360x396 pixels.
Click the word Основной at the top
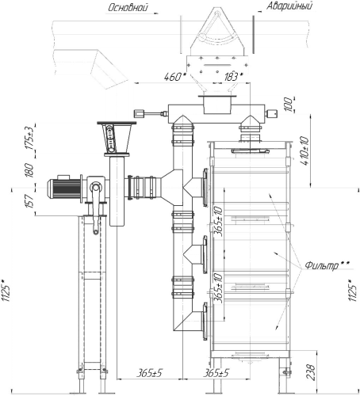[x=128, y=7]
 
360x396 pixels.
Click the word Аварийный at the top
[x=289, y=6]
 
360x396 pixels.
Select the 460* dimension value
[x=174, y=77]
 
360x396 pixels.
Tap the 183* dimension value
[x=234, y=77]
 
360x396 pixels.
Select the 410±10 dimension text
[x=304, y=150]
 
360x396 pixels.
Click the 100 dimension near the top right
[x=289, y=105]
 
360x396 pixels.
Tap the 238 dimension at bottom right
[x=312, y=372]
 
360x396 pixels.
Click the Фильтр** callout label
[x=327, y=265]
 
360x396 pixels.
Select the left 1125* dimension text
[x=6, y=290]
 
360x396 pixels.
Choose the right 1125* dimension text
[x=353, y=290]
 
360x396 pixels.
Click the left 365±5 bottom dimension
[x=149, y=373]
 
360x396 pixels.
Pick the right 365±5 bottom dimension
[x=216, y=373]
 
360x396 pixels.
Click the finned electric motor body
[x=64, y=188]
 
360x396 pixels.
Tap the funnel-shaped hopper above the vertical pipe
[x=117, y=138]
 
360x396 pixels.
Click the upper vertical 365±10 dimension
[x=219, y=221]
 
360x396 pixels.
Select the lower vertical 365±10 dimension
[x=219, y=287]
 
